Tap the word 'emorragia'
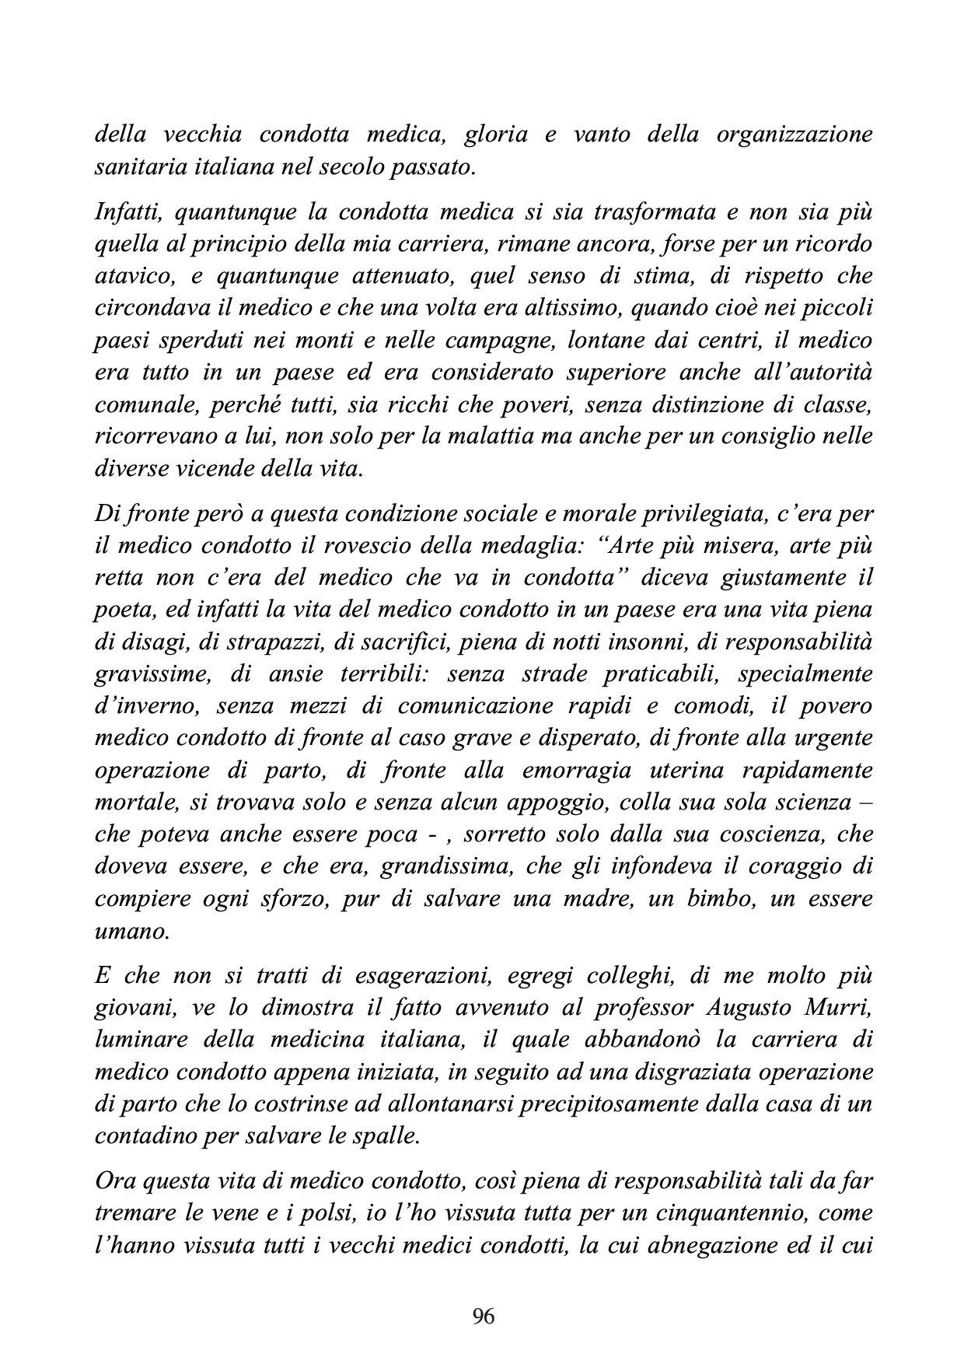(x=594, y=770)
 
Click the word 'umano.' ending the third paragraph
(x=131, y=930)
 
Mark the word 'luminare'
(x=134, y=1040)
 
